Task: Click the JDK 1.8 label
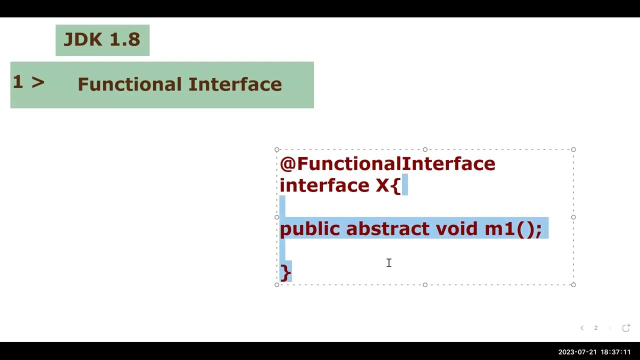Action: (102, 40)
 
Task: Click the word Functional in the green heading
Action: (130, 84)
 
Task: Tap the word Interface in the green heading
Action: (235, 84)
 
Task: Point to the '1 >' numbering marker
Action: (28, 82)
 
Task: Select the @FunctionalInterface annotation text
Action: (387, 164)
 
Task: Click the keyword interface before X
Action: (324, 185)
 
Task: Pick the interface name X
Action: (382, 185)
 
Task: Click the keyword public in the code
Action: (309, 229)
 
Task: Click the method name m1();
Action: (513, 229)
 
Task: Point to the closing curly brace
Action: (285, 272)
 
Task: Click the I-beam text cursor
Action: (389, 263)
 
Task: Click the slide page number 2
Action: (595, 328)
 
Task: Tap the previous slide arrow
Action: (582, 328)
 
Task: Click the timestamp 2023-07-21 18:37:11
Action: (594, 352)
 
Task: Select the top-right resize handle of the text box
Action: (573, 149)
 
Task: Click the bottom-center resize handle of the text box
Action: (425, 285)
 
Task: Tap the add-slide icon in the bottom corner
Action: (626, 328)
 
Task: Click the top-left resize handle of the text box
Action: (277, 149)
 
